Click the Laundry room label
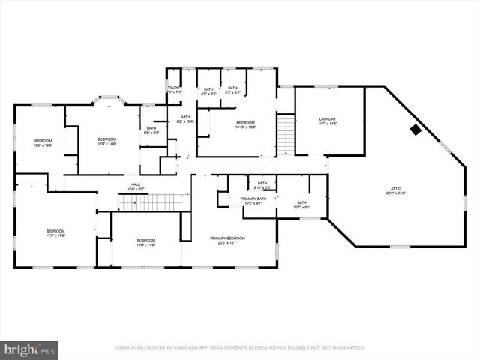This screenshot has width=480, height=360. click(x=327, y=121)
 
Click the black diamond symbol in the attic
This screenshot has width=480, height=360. click(x=415, y=130)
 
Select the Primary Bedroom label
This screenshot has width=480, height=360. click(x=227, y=240)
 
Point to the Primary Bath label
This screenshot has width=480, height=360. click(x=252, y=201)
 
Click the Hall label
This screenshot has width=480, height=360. click(x=136, y=187)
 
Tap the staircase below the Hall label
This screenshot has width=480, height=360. click(x=146, y=202)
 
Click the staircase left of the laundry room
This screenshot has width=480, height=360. click(x=286, y=134)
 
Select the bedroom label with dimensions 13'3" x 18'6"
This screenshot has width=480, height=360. click(x=43, y=143)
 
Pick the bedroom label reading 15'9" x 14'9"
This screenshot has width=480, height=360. click(x=107, y=142)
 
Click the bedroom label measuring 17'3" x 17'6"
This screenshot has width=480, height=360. click(x=56, y=233)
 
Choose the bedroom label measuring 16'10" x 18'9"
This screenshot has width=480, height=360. click(x=246, y=124)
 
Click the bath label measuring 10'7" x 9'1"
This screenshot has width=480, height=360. click(x=301, y=204)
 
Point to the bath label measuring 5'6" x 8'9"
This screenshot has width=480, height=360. click(x=151, y=130)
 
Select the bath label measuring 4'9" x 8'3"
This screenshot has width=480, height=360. click(x=208, y=91)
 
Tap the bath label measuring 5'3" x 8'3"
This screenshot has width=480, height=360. click(x=233, y=91)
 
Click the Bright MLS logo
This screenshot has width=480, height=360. click(x=29, y=349)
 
